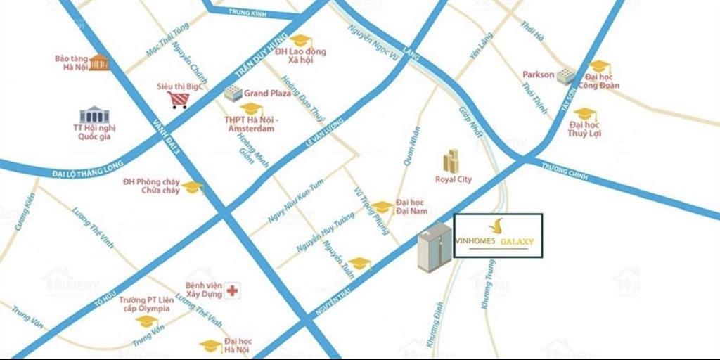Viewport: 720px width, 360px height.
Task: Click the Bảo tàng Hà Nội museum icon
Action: pyautogui.click(x=99, y=62)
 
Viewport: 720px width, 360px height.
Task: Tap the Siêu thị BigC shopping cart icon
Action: pyautogui.click(x=177, y=100)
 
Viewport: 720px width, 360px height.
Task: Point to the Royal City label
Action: pyautogui.click(x=453, y=179)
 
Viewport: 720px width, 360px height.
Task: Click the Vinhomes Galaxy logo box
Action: pyautogui.click(x=498, y=236)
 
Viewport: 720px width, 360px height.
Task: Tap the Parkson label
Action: pyautogui.click(x=539, y=75)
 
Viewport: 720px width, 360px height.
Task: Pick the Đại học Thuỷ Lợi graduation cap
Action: pyautogui.click(x=584, y=114)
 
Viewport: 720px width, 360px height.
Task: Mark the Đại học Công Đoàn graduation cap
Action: pyautogui.click(x=600, y=67)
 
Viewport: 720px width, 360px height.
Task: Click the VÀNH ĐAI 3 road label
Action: pyautogui.click(x=165, y=137)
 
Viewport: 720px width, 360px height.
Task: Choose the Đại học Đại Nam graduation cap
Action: pyautogui.click(x=382, y=207)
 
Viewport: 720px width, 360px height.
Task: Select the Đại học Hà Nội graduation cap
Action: pyautogui.click(x=210, y=345)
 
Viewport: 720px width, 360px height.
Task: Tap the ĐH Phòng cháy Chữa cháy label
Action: pyautogui.click(x=150, y=186)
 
